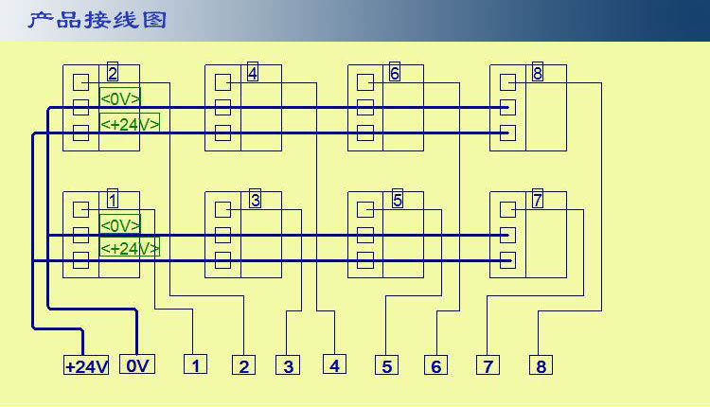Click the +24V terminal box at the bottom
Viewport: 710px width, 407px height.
[86, 365]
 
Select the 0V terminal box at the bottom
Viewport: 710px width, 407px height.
[136, 364]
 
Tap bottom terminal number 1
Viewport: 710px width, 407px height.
[195, 364]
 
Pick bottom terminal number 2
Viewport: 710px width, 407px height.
[244, 365]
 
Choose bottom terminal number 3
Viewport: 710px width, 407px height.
[288, 365]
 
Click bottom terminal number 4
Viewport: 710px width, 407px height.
[334, 364]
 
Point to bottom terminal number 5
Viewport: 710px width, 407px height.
[385, 365]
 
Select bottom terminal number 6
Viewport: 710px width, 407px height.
[435, 365]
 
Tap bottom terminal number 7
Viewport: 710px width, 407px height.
[488, 365]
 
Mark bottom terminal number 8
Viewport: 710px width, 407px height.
[541, 365]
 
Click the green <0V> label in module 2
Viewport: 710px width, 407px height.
[120, 98]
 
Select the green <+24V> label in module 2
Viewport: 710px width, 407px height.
[130, 123]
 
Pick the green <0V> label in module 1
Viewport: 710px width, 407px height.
[120, 225]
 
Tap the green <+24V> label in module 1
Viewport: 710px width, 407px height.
[130, 248]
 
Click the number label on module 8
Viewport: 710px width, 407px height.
[538, 73]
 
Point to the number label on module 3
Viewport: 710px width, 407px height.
[255, 200]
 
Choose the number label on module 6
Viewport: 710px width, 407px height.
[395, 73]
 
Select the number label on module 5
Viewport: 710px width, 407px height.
[398, 200]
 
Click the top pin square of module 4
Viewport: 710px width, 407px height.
[222, 82]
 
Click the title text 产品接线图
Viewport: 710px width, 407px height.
[97, 20]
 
